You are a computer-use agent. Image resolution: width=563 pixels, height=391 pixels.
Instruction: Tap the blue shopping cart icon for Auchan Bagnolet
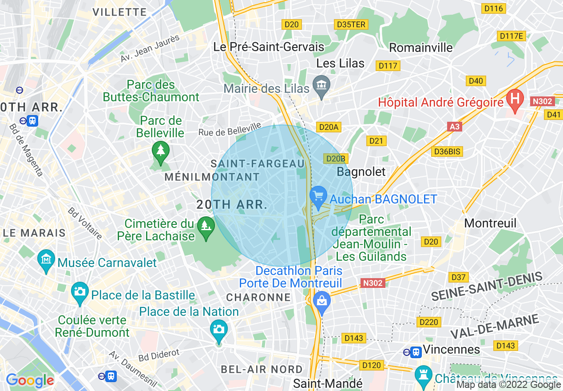(x=318, y=196)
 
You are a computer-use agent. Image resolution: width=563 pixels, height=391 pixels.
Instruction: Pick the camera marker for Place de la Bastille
(x=80, y=291)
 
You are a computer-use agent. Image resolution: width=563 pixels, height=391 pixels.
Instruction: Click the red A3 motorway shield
(x=454, y=127)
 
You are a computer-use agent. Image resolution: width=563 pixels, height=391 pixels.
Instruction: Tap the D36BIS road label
(x=447, y=152)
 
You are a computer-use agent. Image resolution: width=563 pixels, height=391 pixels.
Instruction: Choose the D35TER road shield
(x=351, y=24)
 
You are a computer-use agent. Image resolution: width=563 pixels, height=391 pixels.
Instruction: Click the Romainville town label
(x=421, y=48)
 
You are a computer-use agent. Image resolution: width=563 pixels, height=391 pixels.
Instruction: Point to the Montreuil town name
(x=490, y=223)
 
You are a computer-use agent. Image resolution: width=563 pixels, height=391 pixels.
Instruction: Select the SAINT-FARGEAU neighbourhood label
(x=258, y=164)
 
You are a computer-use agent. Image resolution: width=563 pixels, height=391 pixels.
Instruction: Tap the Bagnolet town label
(x=361, y=172)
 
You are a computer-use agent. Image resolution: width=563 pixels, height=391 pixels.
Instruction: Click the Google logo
(x=30, y=380)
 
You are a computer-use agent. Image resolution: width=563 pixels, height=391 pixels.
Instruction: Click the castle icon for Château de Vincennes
(x=423, y=374)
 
